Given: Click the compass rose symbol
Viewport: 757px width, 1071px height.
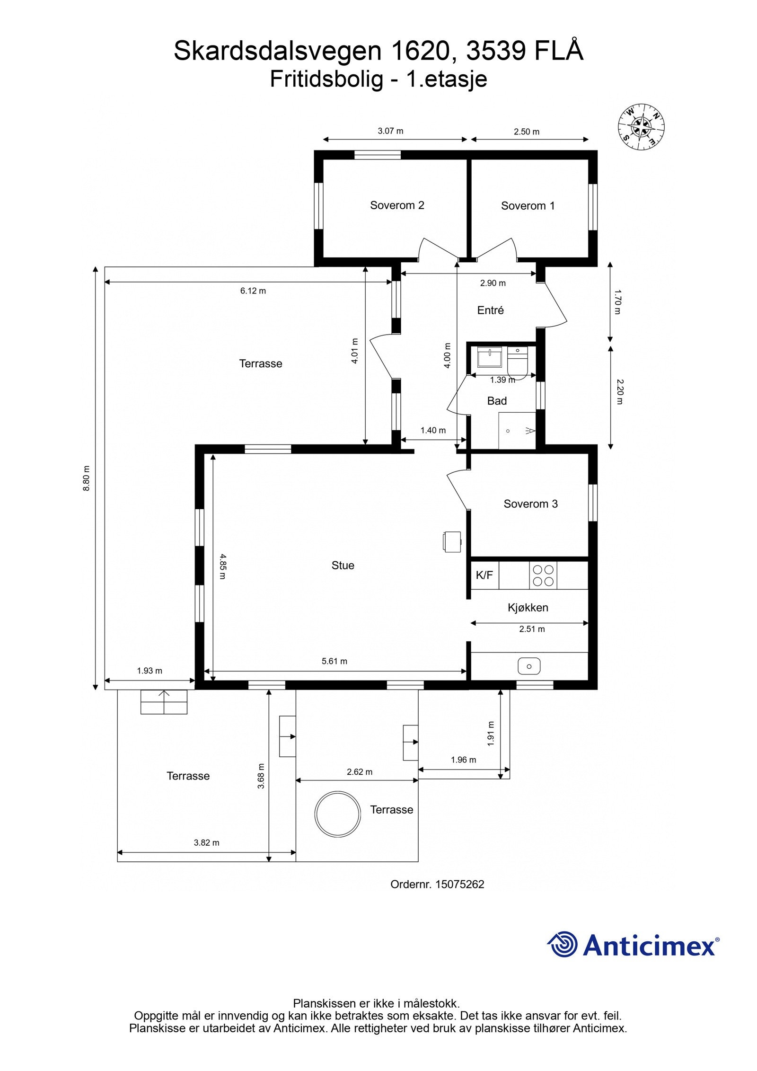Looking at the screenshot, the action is click(641, 126).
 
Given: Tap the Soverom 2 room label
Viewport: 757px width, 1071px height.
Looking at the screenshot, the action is click(397, 205).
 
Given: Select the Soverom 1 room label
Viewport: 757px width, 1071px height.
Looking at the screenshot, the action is click(528, 206).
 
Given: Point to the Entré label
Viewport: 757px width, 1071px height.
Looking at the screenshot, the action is click(490, 310).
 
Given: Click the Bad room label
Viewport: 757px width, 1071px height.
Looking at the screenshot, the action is click(497, 401).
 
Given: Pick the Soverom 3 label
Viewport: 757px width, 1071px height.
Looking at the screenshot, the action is click(530, 504).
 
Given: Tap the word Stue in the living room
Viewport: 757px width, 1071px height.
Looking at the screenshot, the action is click(343, 566).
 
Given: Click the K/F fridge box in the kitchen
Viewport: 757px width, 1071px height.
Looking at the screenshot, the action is click(484, 575).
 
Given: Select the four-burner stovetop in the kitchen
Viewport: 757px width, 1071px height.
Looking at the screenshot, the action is click(543, 575).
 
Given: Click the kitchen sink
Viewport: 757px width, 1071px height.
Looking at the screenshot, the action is click(529, 666).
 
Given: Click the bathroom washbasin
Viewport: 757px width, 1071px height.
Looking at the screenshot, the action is click(490, 357).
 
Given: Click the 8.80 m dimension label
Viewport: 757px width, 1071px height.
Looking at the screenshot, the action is click(86, 478).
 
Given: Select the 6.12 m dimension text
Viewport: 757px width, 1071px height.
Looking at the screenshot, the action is click(253, 291).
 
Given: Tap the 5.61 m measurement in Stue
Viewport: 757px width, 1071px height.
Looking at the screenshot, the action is click(334, 661).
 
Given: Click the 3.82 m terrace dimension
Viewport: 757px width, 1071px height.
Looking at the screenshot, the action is click(207, 842).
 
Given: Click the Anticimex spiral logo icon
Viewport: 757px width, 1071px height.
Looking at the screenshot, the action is click(563, 944).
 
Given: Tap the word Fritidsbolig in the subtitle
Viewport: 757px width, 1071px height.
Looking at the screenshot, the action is click(326, 79).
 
